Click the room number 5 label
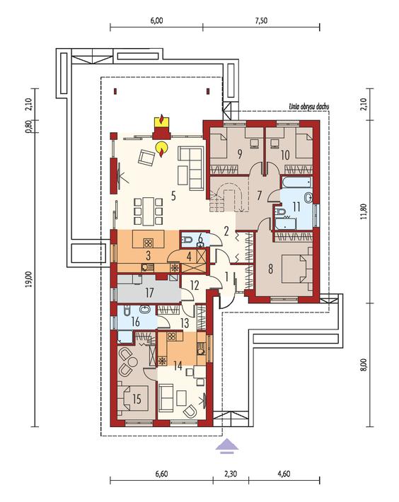coord(173,196)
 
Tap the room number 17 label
coord(149,293)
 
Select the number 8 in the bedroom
coord(270,269)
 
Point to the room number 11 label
coord(296,206)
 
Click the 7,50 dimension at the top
coord(261,21)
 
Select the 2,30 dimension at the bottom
coord(231,474)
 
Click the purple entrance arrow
coord(227,446)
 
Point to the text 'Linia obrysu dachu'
coord(309,107)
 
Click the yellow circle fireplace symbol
coord(162,148)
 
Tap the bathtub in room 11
coord(297,183)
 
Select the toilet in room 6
coord(187,238)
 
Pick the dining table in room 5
coord(149,211)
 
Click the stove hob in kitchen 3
coord(148,243)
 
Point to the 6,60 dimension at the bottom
coord(162,474)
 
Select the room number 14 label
coord(178,366)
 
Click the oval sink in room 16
coord(145,310)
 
